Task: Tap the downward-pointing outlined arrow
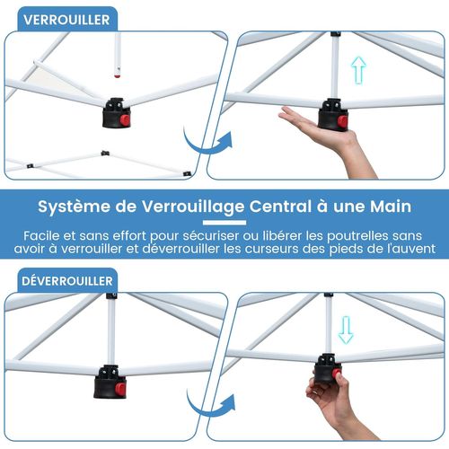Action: (346, 330)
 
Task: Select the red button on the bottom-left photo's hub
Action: (119, 389)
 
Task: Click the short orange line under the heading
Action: (224, 221)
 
